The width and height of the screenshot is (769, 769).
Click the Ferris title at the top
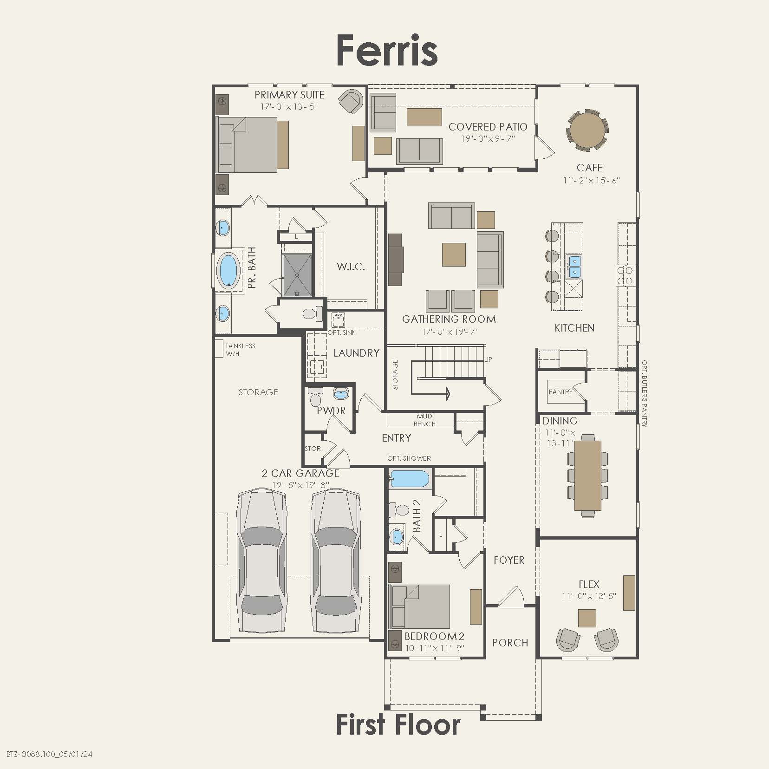pyautogui.click(x=387, y=50)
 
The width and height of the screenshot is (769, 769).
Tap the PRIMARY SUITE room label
pyautogui.click(x=289, y=95)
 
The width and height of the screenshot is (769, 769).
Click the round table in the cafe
pyautogui.click(x=587, y=130)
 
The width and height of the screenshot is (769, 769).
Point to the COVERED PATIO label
pyautogui.click(x=488, y=127)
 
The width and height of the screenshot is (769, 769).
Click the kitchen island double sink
pyautogui.click(x=574, y=266)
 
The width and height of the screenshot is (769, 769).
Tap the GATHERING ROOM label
pyautogui.click(x=449, y=319)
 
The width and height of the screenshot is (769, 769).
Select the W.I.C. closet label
pyautogui.click(x=351, y=267)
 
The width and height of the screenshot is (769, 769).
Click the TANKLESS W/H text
pyautogui.click(x=240, y=350)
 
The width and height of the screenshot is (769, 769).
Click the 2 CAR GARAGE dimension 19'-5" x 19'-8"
pyautogui.click(x=301, y=485)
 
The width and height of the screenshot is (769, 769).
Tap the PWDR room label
pyautogui.click(x=331, y=411)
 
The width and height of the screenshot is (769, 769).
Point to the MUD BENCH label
pyautogui.click(x=424, y=420)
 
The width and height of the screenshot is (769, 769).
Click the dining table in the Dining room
pyautogui.click(x=587, y=475)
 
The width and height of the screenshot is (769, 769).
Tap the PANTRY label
pyautogui.click(x=560, y=392)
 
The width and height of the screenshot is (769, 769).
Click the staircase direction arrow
pyautogui.click(x=447, y=394)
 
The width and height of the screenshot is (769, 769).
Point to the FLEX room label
pyautogui.click(x=588, y=584)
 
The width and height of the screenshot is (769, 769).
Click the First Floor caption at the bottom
pyautogui.click(x=398, y=724)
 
